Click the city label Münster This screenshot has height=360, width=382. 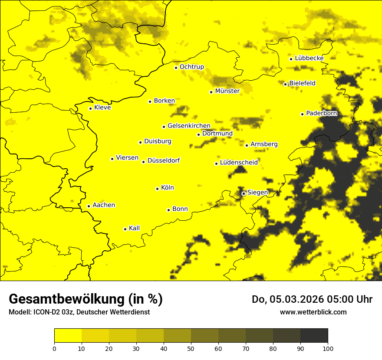coord(227,91)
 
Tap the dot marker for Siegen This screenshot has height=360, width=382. coord(244,193)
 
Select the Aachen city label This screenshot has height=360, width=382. coord(104,205)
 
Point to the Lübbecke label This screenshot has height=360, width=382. coord(309,58)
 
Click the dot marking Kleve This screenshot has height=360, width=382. coord(90,108)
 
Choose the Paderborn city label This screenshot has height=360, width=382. coord(321,113)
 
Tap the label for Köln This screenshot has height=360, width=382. coord(168,188)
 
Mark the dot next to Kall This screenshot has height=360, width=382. coord(125,229)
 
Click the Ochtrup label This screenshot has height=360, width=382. coord(192,67)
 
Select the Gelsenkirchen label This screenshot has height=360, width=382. coord(189,126)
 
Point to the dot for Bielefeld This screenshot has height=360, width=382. coord(285,84)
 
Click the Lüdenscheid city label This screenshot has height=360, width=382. coord(239,163)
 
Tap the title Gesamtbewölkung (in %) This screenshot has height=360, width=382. coord(86,299)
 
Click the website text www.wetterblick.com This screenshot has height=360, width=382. coord(313,312)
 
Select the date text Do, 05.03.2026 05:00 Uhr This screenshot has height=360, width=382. coord(312,299)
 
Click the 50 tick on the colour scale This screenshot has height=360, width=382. coord(191,348)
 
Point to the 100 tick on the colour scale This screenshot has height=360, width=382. coord(328,348)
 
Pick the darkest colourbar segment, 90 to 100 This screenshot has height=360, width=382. coord(314,335)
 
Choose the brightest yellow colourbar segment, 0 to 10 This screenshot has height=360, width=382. coord(68,335)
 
